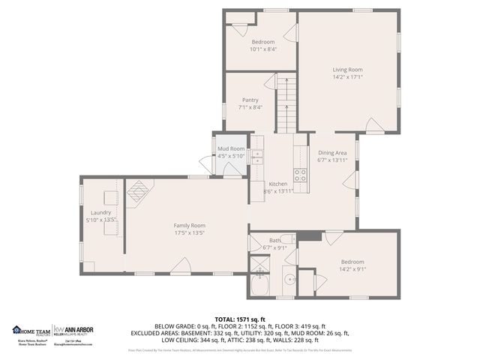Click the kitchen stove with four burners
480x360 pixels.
300,175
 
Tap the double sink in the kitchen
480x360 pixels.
257,157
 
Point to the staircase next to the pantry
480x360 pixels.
285,105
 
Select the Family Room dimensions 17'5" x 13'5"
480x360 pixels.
190,232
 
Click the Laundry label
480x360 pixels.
100,212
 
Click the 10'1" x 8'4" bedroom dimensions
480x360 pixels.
263,49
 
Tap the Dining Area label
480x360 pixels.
332,152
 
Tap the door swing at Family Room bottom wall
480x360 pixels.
180,265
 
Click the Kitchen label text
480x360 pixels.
278,184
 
